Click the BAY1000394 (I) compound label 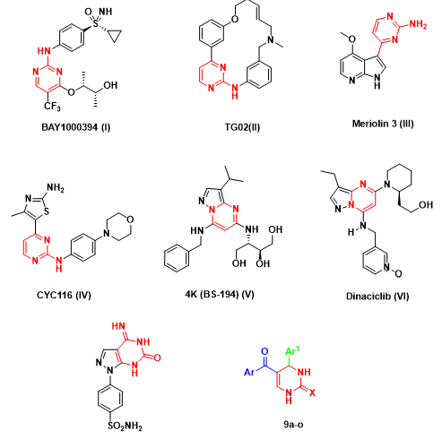pyautogui.click(x=76, y=127)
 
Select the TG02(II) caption pyautogui.click(x=242, y=127)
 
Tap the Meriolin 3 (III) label pyautogui.click(x=383, y=124)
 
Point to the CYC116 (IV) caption pyautogui.click(x=64, y=296)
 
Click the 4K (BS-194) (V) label pyautogui.click(x=220, y=295)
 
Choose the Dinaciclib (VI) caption pyautogui.click(x=377, y=297)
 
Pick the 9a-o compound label pyautogui.click(x=293, y=424)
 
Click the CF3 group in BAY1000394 pyautogui.click(x=52, y=106)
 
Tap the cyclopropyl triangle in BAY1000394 pyautogui.click(x=115, y=36)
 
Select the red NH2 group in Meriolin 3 pyautogui.click(x=418, y=24)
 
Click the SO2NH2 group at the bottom pyautogui.click(x=125, y=426)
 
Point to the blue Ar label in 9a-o pyautogui.click(x=249, y=372)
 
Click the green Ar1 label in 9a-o pyautogui.click(x=292, y=351)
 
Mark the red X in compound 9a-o pyautogui.click(x=312, y=392)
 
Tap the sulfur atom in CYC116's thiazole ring pyautogui.click(x=46, y=211)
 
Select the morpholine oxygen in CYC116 pyautogui.click(x=130, y=219)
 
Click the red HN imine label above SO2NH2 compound pyautogui.click(x=118, y=326)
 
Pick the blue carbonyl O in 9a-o pyautogui.click(x=264, y=351)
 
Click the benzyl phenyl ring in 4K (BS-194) pyautogui.click(x=177, y=258)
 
